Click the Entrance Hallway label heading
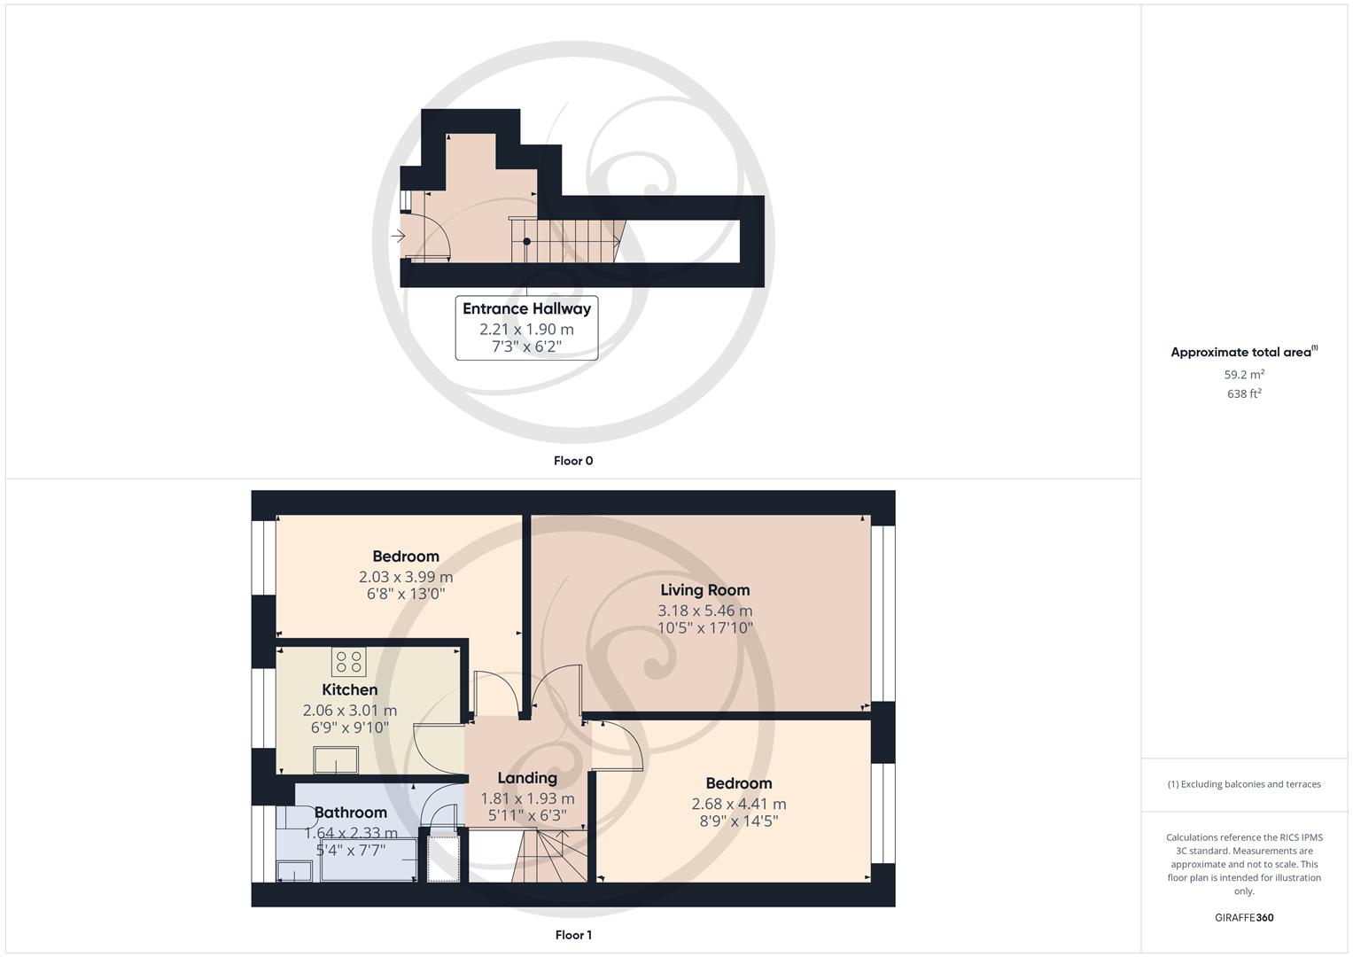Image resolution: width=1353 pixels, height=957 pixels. [526, 309]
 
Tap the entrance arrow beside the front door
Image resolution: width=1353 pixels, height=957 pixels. [399, 237]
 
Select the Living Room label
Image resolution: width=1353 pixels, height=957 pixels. [704, 590]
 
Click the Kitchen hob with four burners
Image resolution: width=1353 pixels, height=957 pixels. [348, 662]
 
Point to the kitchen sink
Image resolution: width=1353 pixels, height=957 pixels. [337, 760]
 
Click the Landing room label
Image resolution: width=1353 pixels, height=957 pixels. [527, 778]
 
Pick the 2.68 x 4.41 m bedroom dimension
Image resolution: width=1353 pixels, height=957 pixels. [738, 805]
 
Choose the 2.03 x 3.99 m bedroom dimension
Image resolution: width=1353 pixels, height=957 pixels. [406, 577]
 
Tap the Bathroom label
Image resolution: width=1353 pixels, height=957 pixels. [351, 813]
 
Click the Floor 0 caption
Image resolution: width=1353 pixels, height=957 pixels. [573, 461]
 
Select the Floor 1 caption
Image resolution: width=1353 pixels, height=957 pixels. [573, 935]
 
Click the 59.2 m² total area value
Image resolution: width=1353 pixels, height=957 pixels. [1244, 375]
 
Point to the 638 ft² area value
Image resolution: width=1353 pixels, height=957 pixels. [1244, 394]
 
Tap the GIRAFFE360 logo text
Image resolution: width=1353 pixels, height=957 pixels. [1244, 918]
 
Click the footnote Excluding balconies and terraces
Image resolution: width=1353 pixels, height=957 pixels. [1244, 784]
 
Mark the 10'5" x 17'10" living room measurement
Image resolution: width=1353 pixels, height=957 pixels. [704, 628]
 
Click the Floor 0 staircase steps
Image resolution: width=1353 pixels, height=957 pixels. [567, 241]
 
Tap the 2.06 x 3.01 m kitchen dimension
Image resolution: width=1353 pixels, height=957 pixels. [350, 711]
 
